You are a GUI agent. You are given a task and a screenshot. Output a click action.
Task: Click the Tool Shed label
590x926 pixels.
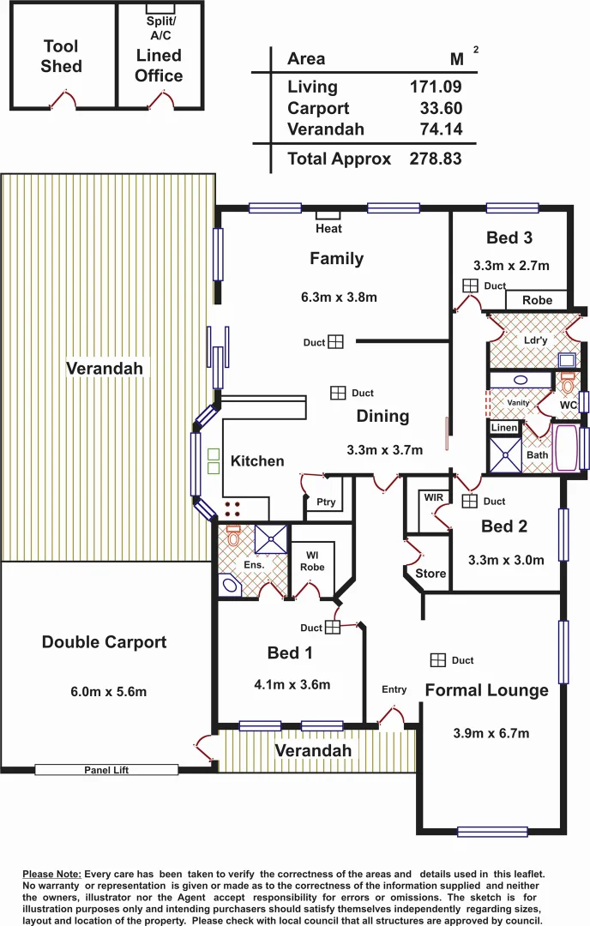point(61,57)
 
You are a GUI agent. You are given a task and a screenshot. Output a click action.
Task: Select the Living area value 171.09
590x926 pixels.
point(436,87)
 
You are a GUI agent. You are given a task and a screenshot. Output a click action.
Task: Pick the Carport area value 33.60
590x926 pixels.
point(441,108)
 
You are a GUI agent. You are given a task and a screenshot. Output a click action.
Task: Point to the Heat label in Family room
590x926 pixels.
point(328,228)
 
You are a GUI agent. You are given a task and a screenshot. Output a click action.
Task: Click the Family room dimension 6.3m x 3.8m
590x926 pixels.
point(339,298)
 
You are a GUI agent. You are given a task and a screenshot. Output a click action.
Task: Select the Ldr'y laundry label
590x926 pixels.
point(535,340)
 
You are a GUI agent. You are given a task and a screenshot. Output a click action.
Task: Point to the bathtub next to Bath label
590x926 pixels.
point(567,448)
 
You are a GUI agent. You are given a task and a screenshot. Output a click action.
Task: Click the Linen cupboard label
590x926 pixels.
point(504,428)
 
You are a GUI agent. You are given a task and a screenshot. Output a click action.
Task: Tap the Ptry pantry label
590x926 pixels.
point(326,503)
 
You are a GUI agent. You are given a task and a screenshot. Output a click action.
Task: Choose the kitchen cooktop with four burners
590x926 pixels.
point(232,508)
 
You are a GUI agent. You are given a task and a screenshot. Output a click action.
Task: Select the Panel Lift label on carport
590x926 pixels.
point(106,770)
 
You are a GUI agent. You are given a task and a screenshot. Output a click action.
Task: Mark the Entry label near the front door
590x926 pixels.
point(394,689)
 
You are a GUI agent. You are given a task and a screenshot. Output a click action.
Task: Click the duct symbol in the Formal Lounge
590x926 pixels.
point(438,659)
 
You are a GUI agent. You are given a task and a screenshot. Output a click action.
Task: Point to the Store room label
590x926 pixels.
point(430,573)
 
